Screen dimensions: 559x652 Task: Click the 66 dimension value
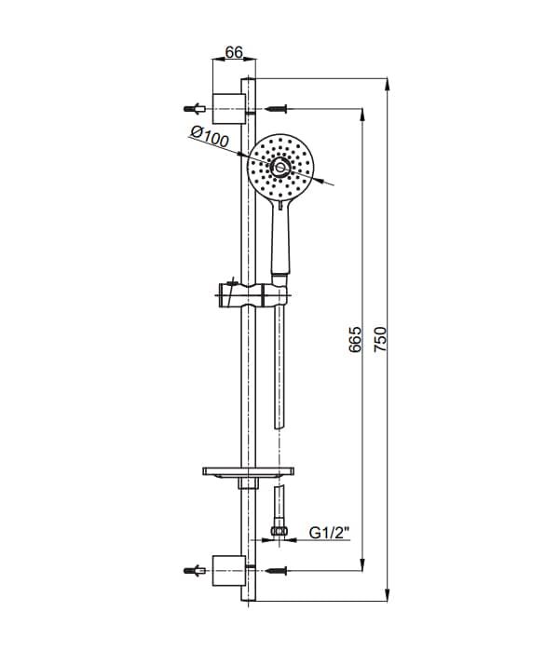[x=234, y=52]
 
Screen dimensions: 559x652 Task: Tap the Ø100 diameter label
[x=210, y=137]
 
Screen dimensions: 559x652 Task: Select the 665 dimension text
[x=355, y=340]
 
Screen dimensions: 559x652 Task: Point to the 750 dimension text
[x=380, y=339]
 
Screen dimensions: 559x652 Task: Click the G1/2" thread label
[x=330, y=533]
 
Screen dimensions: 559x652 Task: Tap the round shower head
[x=280, y=167]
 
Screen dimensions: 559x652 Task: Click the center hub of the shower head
[x=280, y=167]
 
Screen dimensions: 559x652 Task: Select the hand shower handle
[x=280, y=237]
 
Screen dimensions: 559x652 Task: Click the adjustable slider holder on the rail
[x=252, y=295]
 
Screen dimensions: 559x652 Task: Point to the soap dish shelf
[x=249, y=471]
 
